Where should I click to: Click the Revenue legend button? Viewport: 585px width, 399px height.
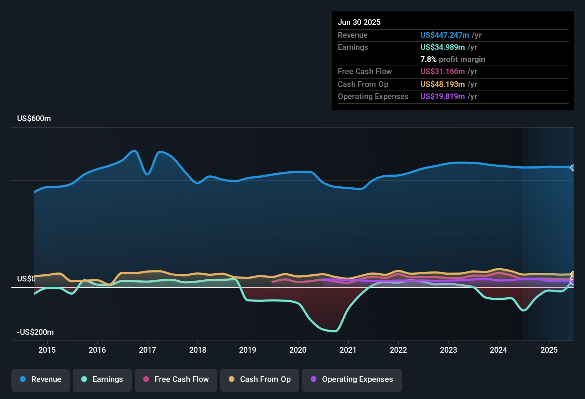[41, 379]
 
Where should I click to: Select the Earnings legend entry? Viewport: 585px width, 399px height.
[102, 379]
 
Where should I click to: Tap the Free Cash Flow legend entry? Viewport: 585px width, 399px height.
[176, 379]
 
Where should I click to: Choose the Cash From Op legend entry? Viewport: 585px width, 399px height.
[260, 379]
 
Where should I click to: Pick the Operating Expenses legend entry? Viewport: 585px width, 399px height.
[352, 379]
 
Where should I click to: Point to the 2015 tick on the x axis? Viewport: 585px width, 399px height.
[47, 350]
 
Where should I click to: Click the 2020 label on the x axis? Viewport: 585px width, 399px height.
[298, 350]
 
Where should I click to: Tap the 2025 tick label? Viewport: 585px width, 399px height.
[549, 350]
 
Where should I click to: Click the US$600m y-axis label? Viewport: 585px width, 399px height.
[34, 119]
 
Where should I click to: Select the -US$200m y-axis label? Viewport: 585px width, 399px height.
[35, 332]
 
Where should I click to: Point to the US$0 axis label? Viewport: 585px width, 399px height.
[26, 279]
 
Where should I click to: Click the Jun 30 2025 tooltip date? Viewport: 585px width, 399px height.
[359, 22]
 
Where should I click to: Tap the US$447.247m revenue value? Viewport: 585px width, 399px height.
[444, 35]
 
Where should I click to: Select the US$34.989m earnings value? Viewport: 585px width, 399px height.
[442, 47]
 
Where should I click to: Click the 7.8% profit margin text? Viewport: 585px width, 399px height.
[452, 59]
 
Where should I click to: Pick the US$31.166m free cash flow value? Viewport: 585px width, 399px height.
[442, 71]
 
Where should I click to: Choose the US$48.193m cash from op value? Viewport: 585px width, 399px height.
[442, 84]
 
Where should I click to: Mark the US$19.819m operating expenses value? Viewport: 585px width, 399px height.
[442, 96]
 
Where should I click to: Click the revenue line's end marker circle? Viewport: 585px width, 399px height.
[573, 167]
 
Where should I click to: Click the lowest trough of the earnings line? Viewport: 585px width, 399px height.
[334, 331]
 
